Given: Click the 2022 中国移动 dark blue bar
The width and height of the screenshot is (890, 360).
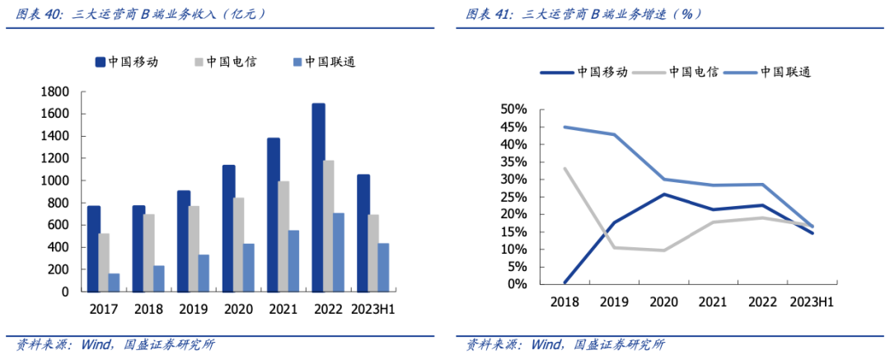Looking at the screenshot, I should point(318,198).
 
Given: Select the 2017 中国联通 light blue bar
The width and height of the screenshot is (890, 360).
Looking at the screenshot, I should point(114,283).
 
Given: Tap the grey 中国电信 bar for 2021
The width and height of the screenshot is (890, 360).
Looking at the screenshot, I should point(283,236).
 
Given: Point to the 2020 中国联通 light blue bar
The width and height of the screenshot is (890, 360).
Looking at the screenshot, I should point(249,267).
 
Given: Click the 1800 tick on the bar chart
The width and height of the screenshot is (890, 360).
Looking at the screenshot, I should point(54,91).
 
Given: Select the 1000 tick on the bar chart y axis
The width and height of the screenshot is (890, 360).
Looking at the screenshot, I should point(54,180).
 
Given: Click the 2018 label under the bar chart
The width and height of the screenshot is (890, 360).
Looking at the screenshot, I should point(148,311).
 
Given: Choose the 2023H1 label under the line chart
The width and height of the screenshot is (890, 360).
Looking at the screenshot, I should point(812,302).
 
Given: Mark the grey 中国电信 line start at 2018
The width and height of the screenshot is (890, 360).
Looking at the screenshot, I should point(565,169).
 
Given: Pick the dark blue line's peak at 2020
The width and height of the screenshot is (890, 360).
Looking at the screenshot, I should point(664,194).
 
